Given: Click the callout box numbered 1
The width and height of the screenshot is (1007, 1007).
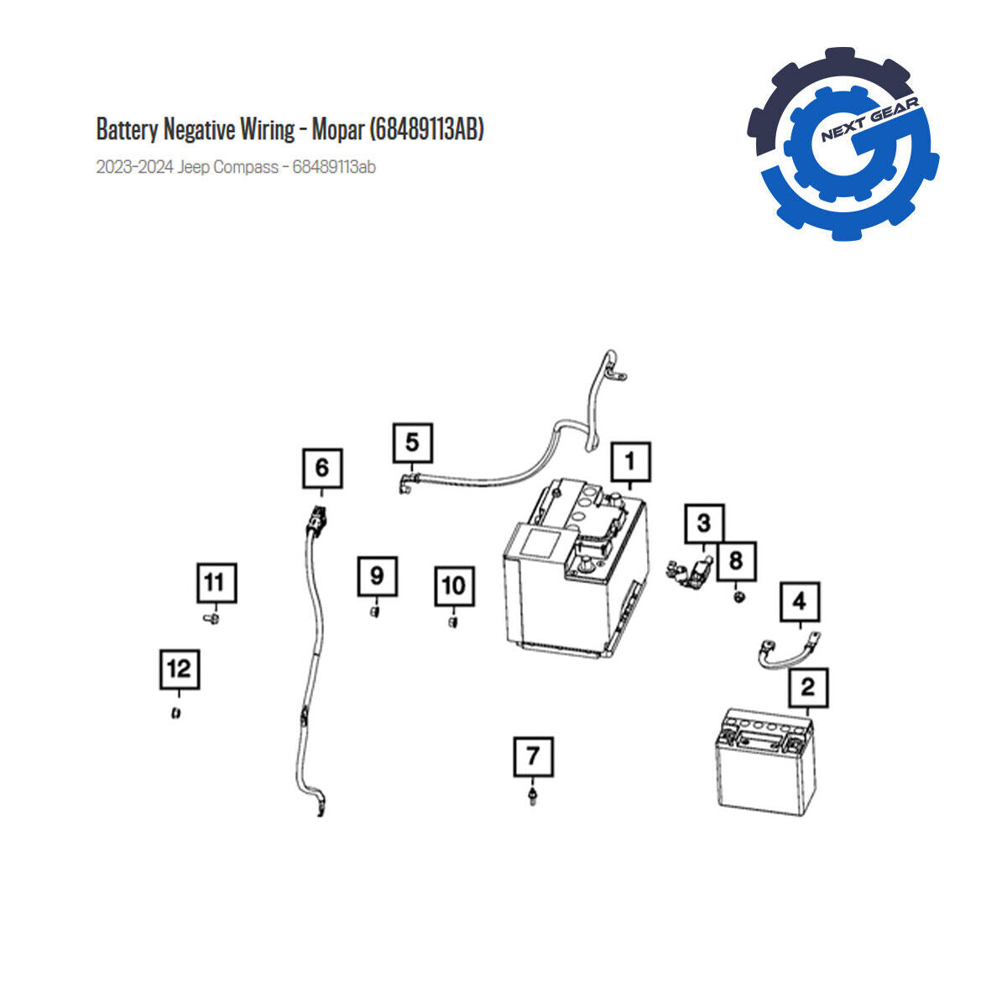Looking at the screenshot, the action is [631, 462].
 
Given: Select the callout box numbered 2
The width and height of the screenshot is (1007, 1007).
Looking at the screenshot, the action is [808, 688].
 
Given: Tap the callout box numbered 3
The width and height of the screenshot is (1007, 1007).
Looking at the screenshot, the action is [704, 524].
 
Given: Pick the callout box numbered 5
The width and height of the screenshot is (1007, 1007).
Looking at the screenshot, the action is [413, 443].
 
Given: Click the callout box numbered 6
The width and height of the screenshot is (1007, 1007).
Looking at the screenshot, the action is [322, 468].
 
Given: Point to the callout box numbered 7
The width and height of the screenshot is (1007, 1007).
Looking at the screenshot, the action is [534, 757].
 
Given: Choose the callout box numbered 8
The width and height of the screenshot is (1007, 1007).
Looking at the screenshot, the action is [736, 561].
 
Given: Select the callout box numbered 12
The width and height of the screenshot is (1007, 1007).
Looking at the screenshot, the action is [180, 670].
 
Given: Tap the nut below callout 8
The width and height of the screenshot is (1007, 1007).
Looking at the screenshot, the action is [738, 597].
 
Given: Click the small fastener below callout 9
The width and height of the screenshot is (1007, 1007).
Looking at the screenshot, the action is [374, 612].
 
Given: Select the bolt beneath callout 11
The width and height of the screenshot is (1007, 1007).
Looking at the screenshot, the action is [211, 619].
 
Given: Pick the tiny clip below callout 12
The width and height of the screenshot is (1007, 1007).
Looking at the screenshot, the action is [176, 712].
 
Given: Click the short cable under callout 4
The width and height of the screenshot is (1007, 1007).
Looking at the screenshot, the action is [789, 653].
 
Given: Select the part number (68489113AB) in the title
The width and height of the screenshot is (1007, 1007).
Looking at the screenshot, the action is [427, 129].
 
